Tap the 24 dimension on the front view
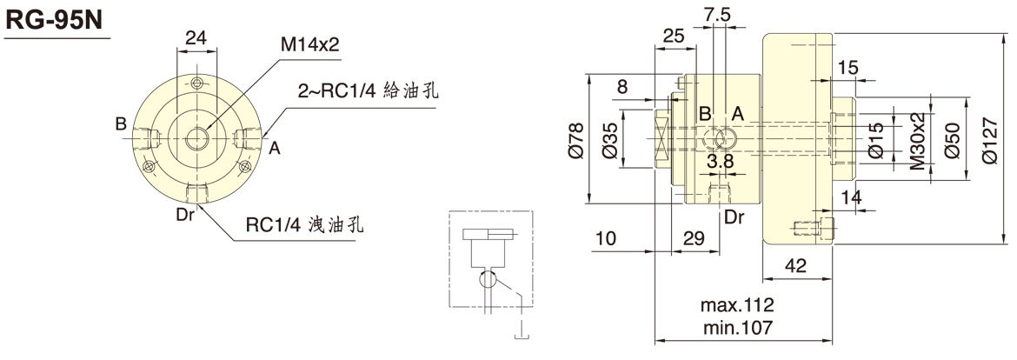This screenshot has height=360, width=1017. (196, 37)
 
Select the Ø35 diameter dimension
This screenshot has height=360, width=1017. (608, 139)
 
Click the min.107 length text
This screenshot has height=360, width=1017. (737, 328)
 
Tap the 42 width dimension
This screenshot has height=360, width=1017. (796, 265)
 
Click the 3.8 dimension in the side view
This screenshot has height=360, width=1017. (721, 161)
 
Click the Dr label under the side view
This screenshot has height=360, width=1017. (734, 216)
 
